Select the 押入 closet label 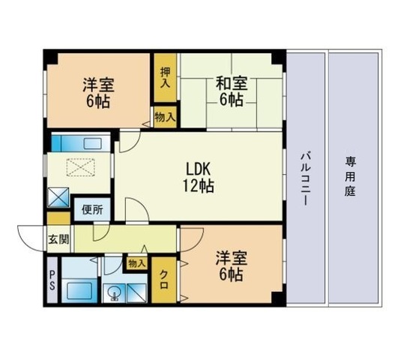[165, 76]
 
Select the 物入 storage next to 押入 [165, 116]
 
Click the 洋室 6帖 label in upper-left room [97, 91]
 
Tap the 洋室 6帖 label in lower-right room [229, 267]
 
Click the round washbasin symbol [115, 293]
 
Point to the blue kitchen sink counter [79, 142]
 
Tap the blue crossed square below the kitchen [58, 198]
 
